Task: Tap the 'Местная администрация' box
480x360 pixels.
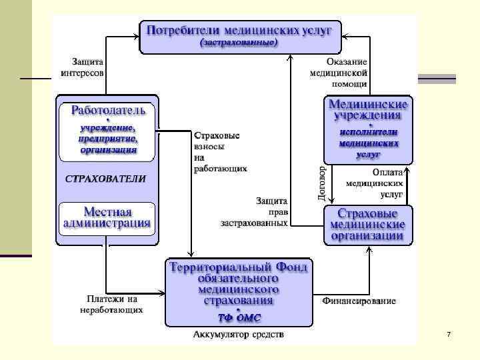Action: pyautogui.click(x=108, y=217)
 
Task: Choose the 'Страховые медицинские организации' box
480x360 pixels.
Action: pyautogui.click(x=369, y=225)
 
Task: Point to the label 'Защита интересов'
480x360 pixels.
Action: pyautogui.click(x=82, y=65)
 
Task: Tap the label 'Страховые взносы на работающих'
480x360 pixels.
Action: pyautogui.click(x=217, y=152)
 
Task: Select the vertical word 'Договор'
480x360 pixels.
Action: pyautogui.click(x=323, y=180)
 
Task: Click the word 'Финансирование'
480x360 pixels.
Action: pyautogui.click(x=359, y=301)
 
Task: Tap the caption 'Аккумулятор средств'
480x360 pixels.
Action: pyautogui.click(x=239, y=334)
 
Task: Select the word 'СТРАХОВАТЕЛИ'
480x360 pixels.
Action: pyautogui.click(x=106, y=179)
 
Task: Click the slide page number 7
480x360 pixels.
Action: pyautogui.click(x=449, y=333)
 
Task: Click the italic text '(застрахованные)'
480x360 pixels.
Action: pyautogui.click(x=239, y=42)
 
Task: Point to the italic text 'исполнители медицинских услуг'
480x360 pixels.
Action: pyautogui.click(x=369, y=142)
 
